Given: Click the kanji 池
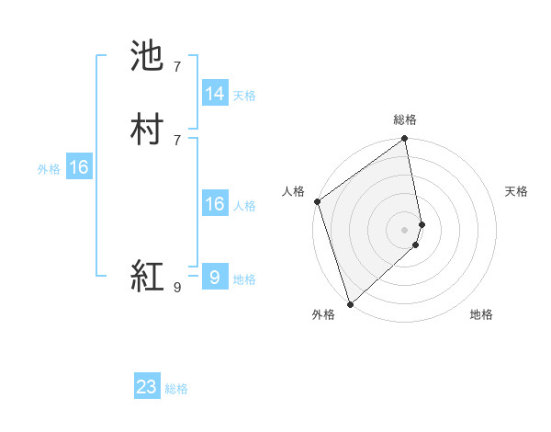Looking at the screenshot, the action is [x=148, y=57].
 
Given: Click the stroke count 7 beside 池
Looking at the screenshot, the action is [x=177, y=67].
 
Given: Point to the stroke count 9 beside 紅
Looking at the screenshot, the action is [x=177, y=288].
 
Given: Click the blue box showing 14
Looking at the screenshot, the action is [x=215, y=94].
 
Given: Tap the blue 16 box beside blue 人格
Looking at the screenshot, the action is [x=215, y=204].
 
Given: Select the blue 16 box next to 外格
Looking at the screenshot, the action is [x=79, y=167].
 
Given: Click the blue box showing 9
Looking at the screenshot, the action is [x=215, y=278].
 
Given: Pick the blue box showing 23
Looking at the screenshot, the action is [x=147, y=387].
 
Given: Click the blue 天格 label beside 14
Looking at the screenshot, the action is [x=244, y=96].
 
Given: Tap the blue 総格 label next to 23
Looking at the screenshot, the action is [x=176, y=389].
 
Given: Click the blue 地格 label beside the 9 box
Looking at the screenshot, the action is [x=244, y=279].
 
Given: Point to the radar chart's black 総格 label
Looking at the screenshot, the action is [x=405, y=119].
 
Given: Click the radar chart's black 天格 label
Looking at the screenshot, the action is [x=517, y=191].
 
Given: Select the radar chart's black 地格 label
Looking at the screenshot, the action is [x=481, y=315].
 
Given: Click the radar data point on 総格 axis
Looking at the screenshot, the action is [x=405, y=140].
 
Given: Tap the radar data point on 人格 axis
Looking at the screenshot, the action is [x=317, y=201].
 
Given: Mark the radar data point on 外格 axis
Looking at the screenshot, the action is [x=350, y=303].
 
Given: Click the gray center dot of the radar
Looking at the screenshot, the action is [x=405, y=229].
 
